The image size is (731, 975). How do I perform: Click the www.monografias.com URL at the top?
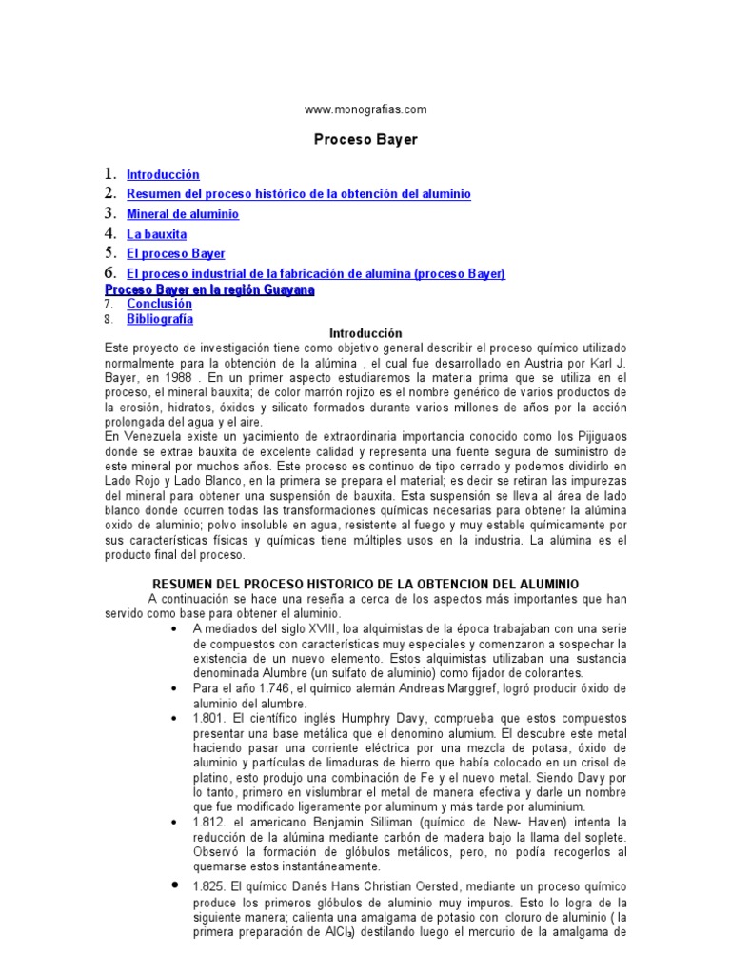click(365, 109)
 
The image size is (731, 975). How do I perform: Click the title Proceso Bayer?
click(365, 139)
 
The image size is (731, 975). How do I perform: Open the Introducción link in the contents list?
click(163, 175)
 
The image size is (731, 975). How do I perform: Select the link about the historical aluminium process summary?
click(299, 194)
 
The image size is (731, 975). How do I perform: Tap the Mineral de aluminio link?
click(183, 214)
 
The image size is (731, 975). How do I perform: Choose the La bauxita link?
click(157, 234)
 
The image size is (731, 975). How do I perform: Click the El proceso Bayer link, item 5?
click(176, 254)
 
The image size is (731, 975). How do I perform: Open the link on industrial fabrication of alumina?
click(315, 274)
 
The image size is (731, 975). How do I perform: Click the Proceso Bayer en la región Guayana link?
click(209, 289)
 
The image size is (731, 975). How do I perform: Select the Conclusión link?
click(160, 304)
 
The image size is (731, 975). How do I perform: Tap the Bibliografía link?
click(160, 319)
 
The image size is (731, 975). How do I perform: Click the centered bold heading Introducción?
click(365, 334)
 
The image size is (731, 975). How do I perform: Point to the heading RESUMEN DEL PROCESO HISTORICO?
click(365, 584)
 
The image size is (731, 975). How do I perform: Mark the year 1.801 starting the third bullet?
click(208, 717)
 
